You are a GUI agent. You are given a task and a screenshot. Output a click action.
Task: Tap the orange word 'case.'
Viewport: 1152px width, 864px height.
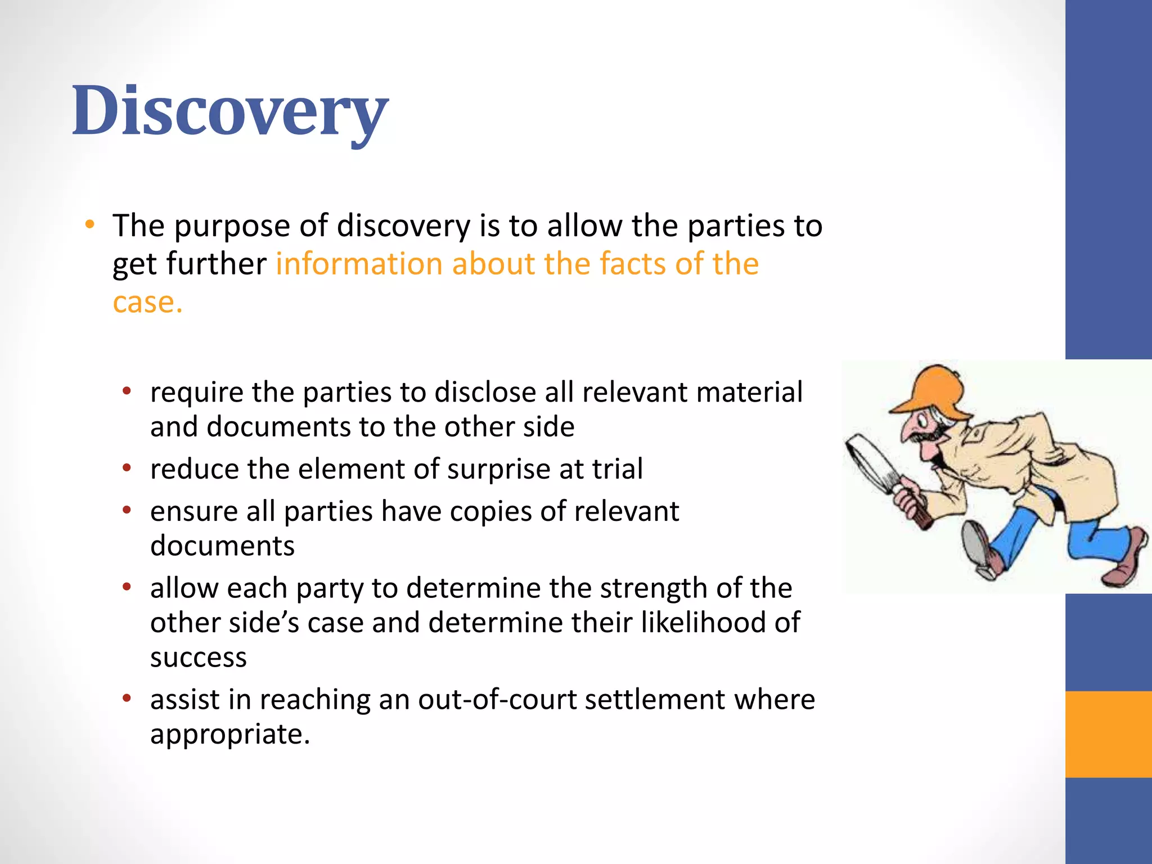point(147,303)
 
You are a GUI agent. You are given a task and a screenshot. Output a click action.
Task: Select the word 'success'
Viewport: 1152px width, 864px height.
point(198,658)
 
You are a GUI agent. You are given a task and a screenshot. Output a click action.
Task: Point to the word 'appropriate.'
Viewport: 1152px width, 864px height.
point(229,735)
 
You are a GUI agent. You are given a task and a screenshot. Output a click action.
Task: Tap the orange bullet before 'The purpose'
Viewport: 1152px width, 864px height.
point(89,225)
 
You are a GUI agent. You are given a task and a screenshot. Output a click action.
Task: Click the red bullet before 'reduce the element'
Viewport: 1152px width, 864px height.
point(127,468)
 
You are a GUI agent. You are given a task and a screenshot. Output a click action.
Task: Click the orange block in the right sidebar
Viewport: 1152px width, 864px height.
point(1108,734)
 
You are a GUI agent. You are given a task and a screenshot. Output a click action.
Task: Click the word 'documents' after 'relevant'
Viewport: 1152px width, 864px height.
point(222,546)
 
